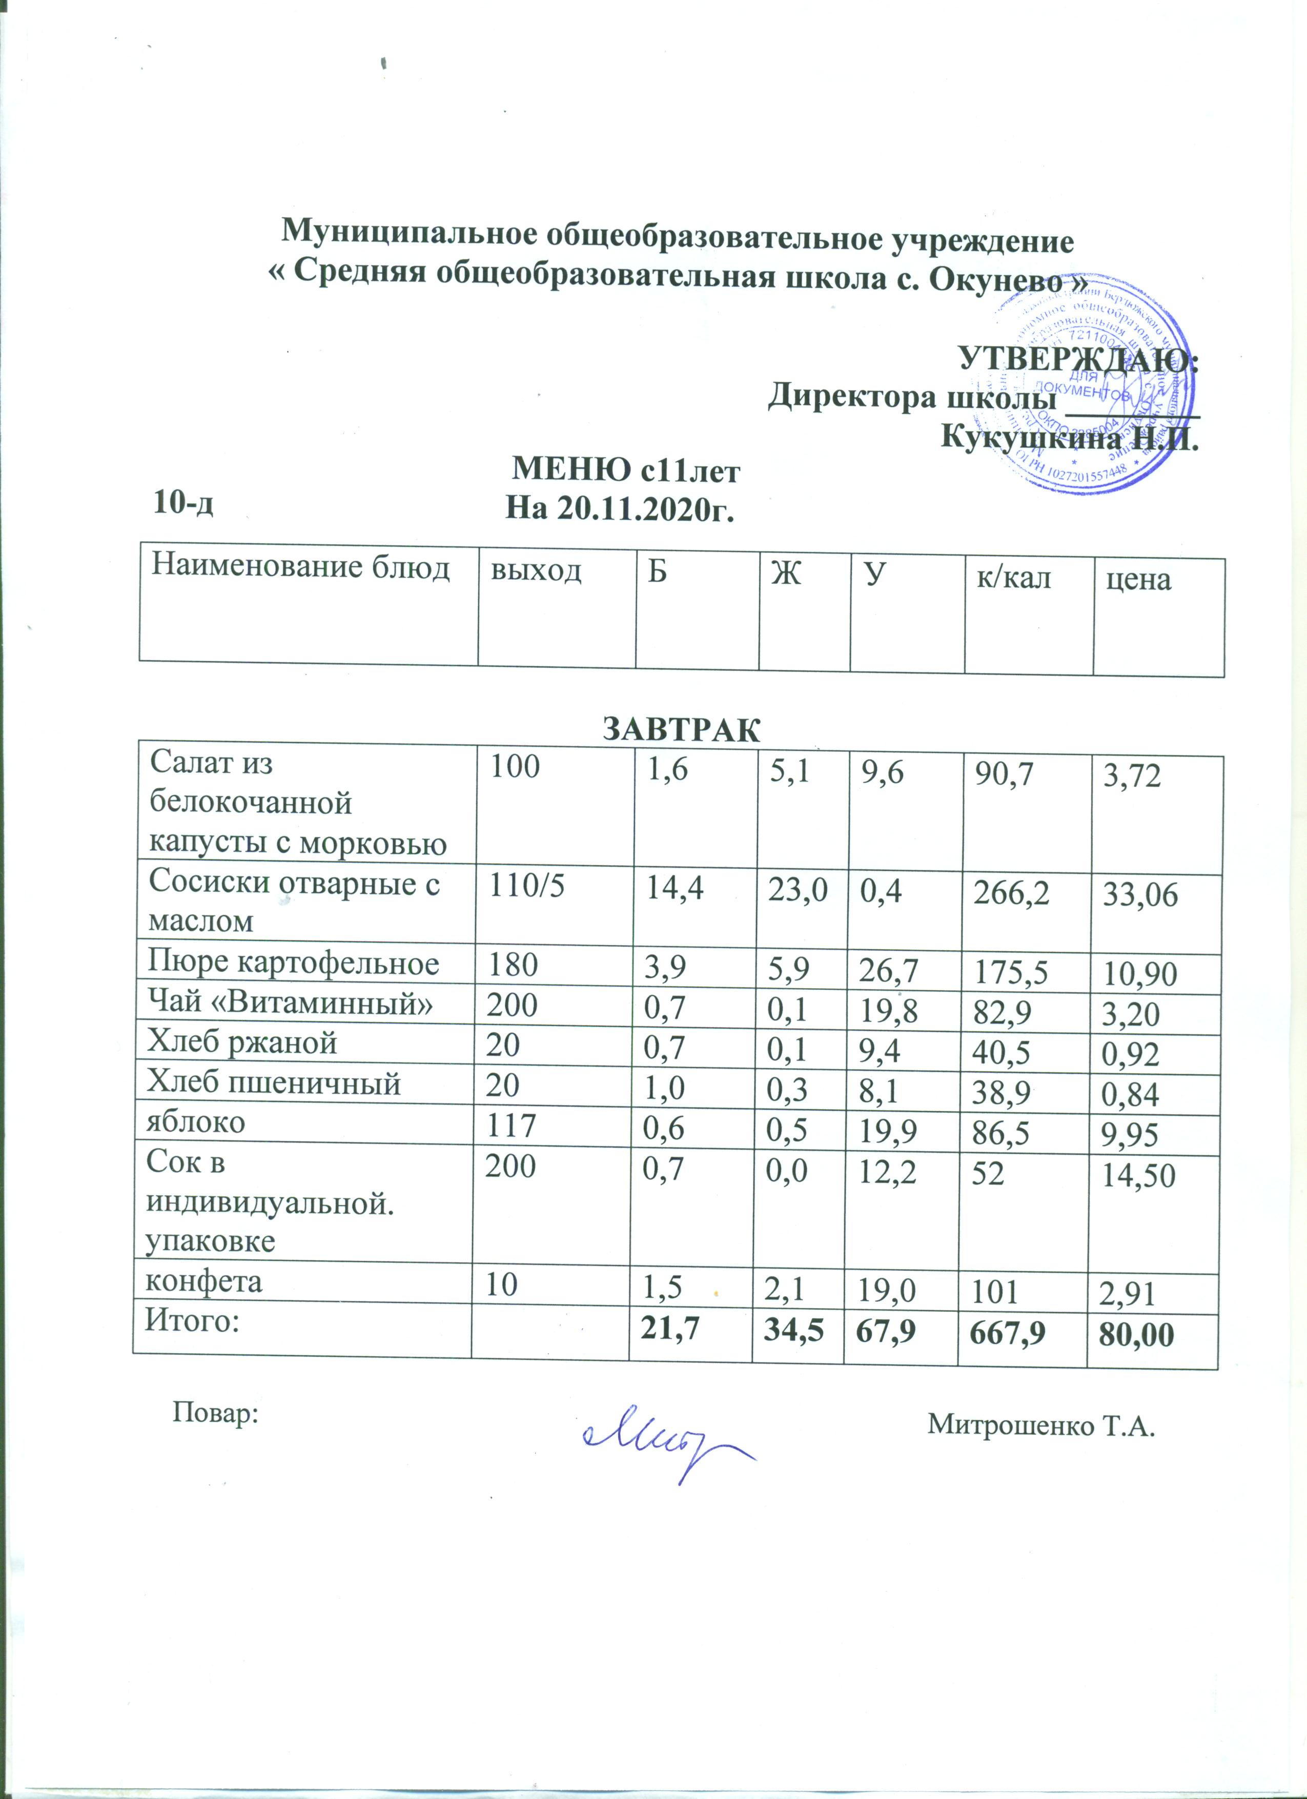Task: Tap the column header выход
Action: (536, 570)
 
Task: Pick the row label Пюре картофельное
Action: (294, 963)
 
